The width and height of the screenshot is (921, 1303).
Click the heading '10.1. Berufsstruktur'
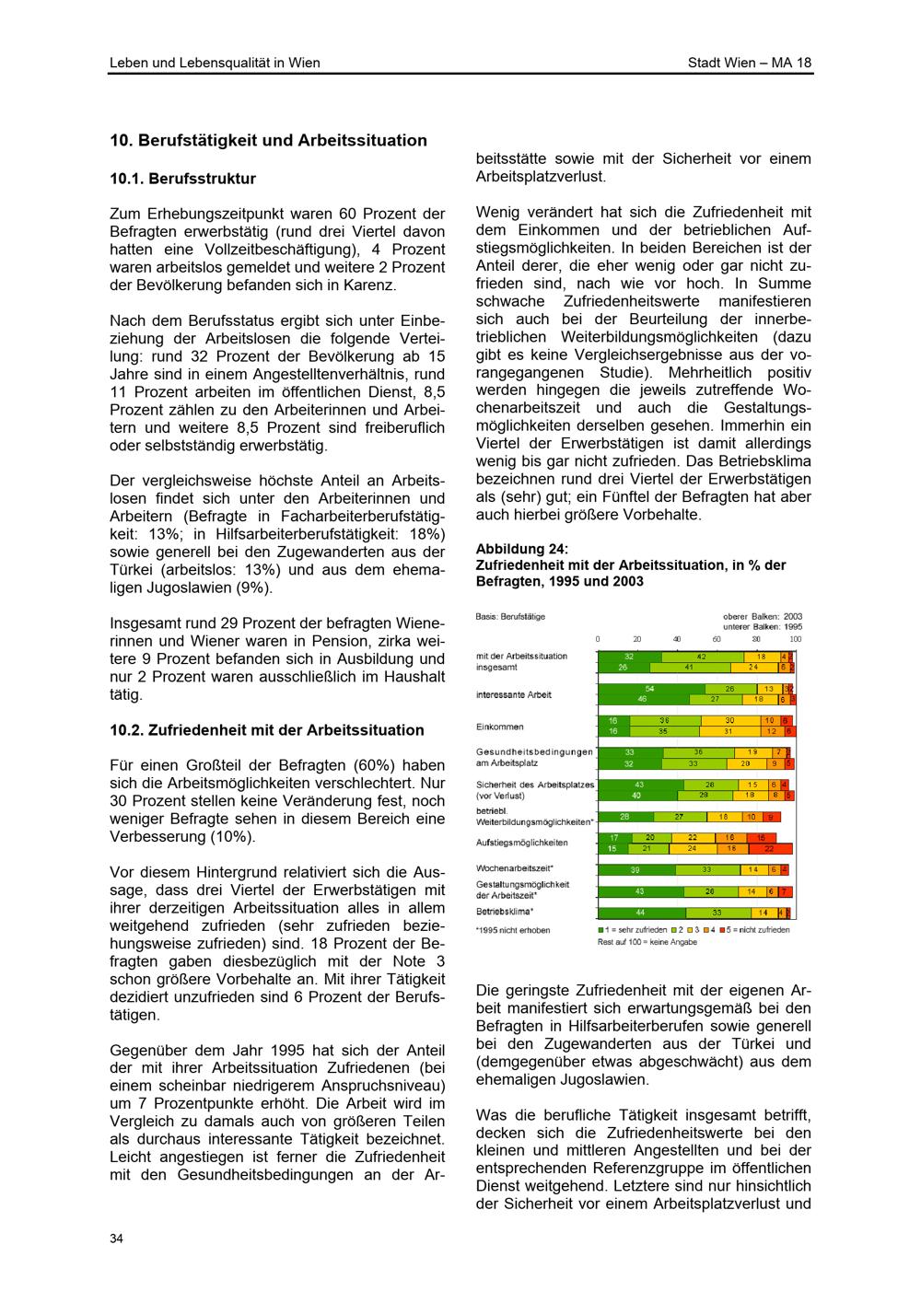pos(182,179)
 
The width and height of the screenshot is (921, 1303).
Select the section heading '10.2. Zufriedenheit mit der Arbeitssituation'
pos(267,730)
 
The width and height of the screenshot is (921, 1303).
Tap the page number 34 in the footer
pos(116,1239)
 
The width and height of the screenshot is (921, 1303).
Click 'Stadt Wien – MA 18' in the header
pos(750,63)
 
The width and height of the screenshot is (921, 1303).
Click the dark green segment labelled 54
pos(650,689)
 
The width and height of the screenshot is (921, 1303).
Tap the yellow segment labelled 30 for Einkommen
pos(729,720)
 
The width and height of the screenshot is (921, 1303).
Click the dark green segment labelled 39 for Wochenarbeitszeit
pos(635,869)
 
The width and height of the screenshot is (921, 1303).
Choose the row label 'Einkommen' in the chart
pos(500,727)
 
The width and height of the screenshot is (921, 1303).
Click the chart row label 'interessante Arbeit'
pos(514,694)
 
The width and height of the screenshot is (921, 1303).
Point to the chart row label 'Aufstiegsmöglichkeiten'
pos(522,843)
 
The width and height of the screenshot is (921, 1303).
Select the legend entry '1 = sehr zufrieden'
pos(632,930)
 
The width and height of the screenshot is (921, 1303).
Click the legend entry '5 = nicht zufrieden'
pos(759,930)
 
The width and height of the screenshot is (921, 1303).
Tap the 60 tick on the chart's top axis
pos(717,639)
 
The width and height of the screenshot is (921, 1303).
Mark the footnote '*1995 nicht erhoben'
pos(513,930)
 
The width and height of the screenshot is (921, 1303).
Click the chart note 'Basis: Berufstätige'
pos(510,616)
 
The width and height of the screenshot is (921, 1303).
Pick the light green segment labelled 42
pos(701,657)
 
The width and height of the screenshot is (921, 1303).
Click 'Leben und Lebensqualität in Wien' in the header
pos(215,63)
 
